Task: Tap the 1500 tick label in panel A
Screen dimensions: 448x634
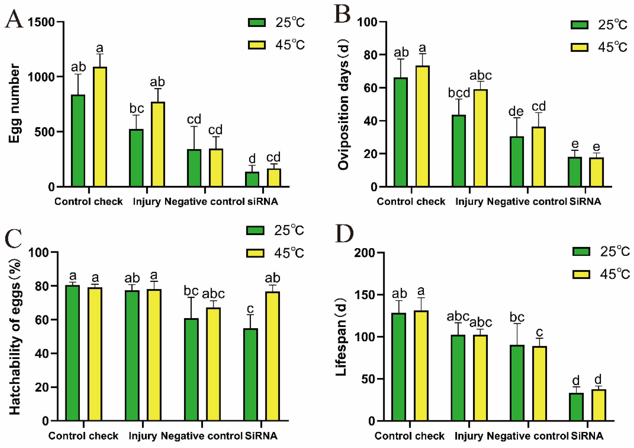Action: pos(41,22)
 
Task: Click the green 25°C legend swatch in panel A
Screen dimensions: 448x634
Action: pos(257,22)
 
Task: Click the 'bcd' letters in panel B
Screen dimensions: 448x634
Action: pos(459,93)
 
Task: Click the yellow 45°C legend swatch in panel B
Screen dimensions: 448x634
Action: pos(579,47)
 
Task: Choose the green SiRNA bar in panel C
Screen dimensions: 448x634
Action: pos(251,375)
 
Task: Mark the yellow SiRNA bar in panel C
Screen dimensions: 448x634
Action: pos(272,356)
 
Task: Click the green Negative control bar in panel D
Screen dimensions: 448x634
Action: pos(517,383)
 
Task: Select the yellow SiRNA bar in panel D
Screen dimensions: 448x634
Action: pos(598,405)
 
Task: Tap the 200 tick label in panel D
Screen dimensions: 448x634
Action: pos(365,253)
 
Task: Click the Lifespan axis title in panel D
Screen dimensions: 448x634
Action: pos(341,337)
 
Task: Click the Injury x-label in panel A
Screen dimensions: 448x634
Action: pos(147,201)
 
